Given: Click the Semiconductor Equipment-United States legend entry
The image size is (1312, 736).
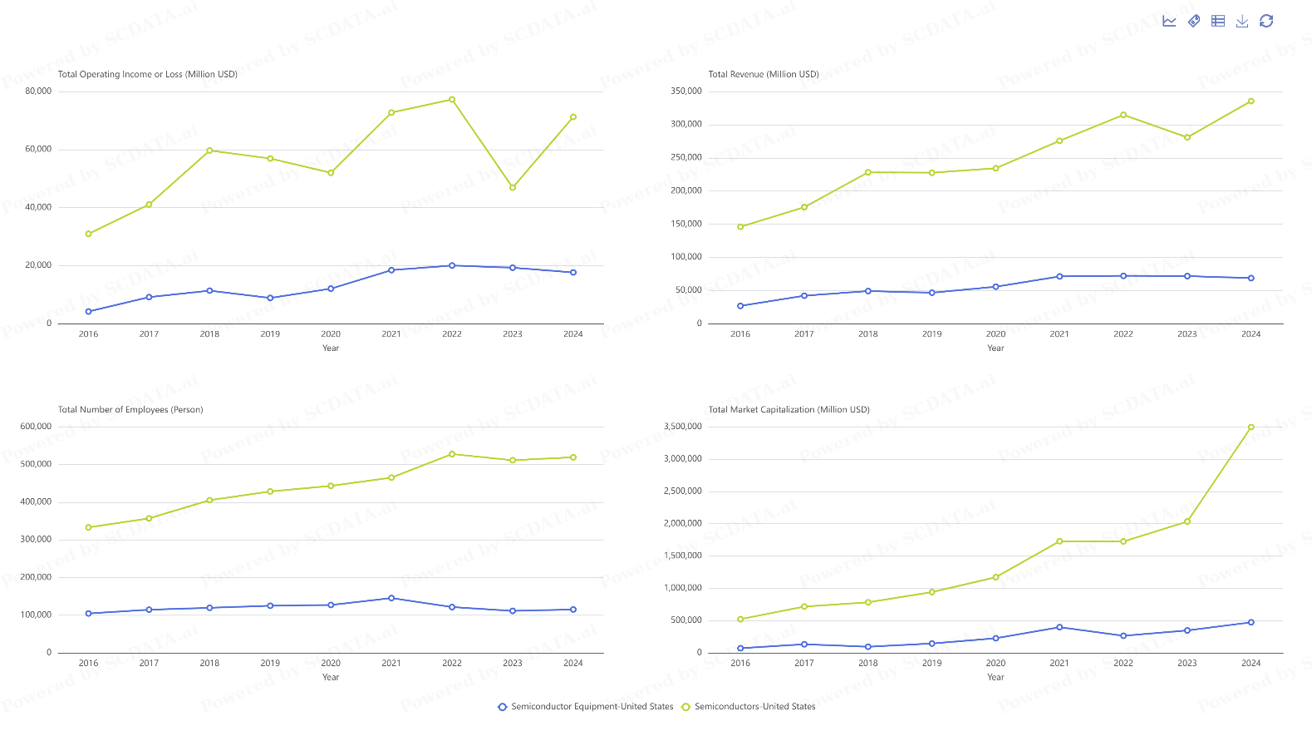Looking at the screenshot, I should (x=585, y=707).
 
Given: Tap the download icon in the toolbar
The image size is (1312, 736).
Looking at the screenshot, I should (x=1242, y=22).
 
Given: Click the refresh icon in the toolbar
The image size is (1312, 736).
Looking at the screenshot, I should (x=1266, y=22).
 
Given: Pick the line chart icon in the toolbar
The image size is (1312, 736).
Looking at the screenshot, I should (x=1169, y=22).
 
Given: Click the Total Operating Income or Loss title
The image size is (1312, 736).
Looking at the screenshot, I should (x=148, y=75).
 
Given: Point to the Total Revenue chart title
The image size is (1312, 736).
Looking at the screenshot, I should (x=763, y=75).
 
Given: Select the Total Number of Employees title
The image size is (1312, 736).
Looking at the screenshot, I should (x=130, y=410).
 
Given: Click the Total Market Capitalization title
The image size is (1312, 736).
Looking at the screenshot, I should (x=789, y=410).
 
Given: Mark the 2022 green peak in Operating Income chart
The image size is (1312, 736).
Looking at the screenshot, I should (x=452, y=100).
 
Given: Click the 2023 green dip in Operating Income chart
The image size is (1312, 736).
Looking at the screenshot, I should (x=513, y=188).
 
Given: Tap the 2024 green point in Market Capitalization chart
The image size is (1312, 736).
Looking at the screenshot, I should (x=1251, y=427).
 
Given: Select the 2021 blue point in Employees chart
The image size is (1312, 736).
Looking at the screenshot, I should (x=391, y=598).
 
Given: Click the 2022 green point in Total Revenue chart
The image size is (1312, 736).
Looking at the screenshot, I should (x=1123, y=115).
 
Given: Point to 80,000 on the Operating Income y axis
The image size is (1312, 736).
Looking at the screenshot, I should (x=38, y=91).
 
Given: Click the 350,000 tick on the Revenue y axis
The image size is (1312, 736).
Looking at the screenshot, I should (x=686, y=91).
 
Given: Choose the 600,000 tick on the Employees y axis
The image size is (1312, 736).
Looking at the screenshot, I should (x=36, y=427).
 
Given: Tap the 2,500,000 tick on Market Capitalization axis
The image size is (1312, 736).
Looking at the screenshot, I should (x=682, y=491).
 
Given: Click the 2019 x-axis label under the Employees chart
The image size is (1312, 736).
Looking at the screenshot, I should (x=270, y=664).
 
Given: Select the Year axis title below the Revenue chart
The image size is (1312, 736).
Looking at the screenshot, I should (x=995, y=348).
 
